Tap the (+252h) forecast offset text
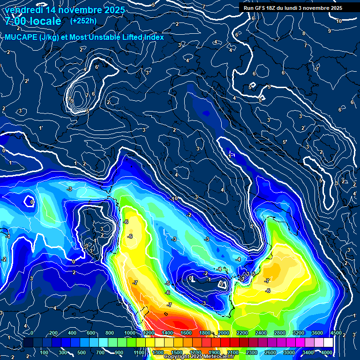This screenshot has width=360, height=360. [83, 21]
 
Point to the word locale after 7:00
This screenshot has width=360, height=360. [45, 21]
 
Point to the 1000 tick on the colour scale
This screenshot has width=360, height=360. [129, 333]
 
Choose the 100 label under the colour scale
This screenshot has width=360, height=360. [45, 352]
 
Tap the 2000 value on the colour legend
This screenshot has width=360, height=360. [223, 333]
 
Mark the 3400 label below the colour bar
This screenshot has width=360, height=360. [307, 352]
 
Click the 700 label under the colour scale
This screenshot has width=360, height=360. [100, 352]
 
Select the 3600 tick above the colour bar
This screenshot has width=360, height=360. [317, 333]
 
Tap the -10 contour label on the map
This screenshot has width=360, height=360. [174, 199]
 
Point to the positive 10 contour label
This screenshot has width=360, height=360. [338, 21]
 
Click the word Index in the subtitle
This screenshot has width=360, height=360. [153, 37]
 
